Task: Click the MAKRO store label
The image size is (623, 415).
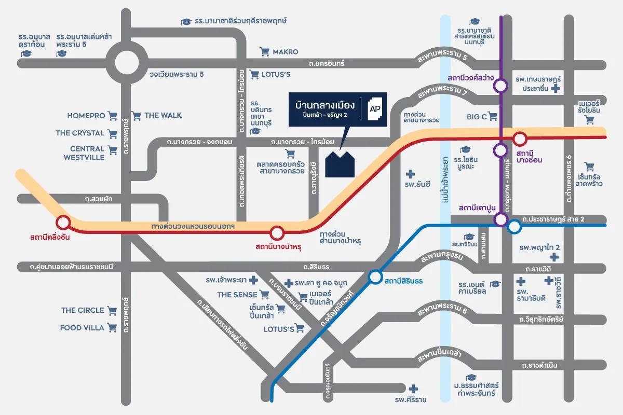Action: (286, 52)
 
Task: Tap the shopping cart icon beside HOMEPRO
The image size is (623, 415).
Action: (113, 116)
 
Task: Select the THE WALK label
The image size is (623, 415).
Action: (163, 115)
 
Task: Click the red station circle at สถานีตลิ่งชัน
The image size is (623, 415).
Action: (63, 223)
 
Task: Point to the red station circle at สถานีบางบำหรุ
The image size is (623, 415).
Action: (277, 233)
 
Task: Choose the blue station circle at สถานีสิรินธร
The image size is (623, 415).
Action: (375, 277)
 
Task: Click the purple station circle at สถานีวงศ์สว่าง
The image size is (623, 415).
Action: (500, 86)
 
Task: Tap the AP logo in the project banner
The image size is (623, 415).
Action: (375, 109)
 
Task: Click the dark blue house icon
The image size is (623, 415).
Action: (340, 164)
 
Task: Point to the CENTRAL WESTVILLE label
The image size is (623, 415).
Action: (84, 153)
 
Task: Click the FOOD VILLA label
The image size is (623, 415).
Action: (82, 328)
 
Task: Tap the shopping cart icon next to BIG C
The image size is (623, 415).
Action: (493, 116)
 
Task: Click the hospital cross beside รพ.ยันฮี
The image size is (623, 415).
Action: (410, 174)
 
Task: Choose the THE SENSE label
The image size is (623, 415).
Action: (237, 295)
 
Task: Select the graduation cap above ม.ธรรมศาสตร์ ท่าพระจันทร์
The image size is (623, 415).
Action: (471, 378)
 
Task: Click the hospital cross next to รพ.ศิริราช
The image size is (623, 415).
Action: (413, 389)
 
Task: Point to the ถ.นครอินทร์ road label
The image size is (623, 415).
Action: (327, 63)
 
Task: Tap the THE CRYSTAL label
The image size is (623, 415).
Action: (80, 133)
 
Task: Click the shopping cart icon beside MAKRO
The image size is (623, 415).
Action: (264, 52)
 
